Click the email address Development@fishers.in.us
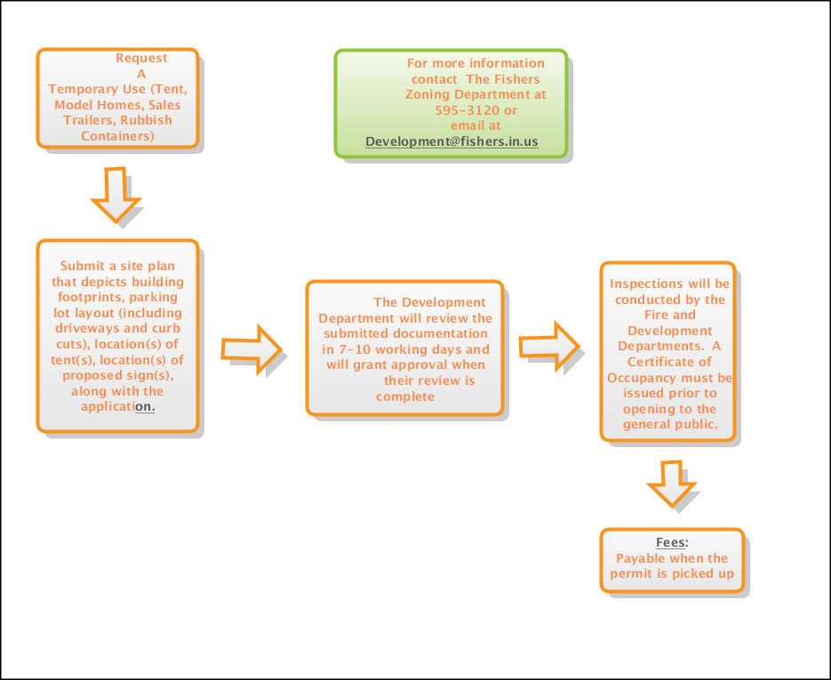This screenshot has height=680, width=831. coord(451,141)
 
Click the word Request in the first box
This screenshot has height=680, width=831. coord(141,58)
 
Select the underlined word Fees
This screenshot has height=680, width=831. coord(671,543)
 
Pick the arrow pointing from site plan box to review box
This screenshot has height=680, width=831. coord(251,348)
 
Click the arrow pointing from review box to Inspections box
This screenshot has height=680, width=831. coord(549,346)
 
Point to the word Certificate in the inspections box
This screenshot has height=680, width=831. coord(669,362)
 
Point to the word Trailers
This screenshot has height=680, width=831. coord(88,120)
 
